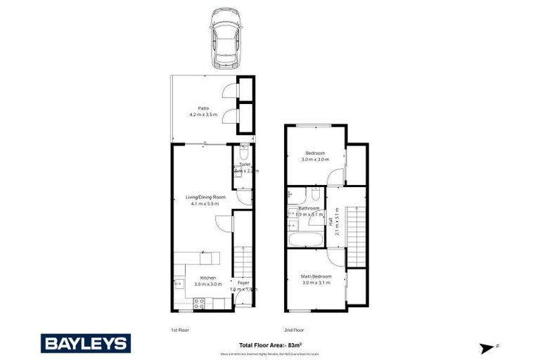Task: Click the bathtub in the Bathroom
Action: tap(305, 240)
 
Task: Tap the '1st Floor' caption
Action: tap(179, 329)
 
